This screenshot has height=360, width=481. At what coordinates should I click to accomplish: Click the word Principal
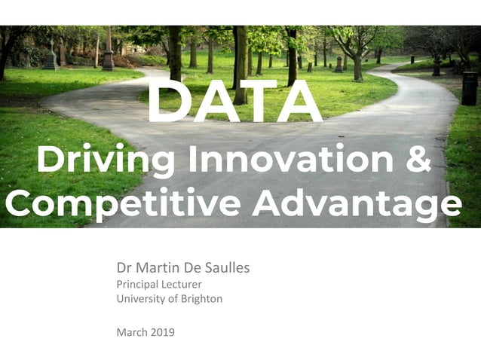(137, 284)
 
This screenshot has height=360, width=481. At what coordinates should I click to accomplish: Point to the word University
(141, 299)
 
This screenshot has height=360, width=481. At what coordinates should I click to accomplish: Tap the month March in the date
(132, 331)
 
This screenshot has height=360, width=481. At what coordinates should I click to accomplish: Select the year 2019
(163, 331)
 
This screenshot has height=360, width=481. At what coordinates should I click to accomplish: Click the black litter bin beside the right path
(469, 88)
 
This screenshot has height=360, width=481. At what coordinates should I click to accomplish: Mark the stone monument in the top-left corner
(50, 58)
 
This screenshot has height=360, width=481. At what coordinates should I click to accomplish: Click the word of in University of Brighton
(173, 299)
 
